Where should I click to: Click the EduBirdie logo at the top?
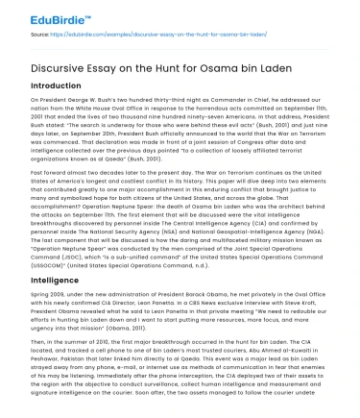(38, 16)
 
